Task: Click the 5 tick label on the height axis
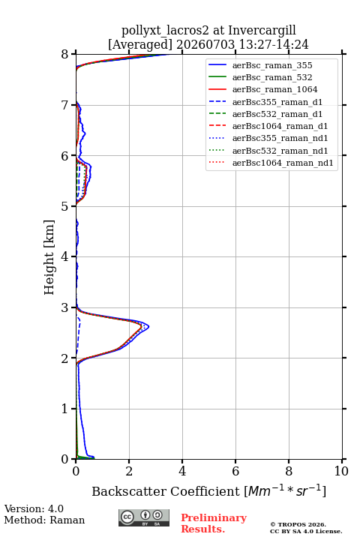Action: point(65,207)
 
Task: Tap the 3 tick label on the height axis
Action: point(65,307)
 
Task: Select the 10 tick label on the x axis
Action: point(341,471)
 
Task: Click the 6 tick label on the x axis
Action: point(235,471)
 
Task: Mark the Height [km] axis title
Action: point(49,257)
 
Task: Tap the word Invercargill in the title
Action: point(262,31)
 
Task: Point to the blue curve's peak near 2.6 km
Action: point(148,326)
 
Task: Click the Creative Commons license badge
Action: point(144,518)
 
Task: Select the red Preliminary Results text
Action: point(214,523)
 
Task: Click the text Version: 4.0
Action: point(34,509)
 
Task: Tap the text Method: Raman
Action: point(44,520)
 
